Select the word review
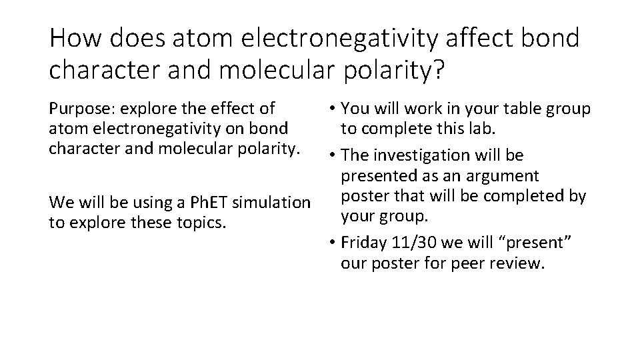tap(517, 263)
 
